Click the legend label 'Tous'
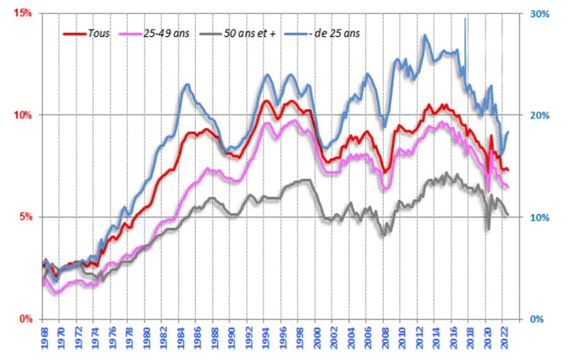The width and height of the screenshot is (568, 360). [x=98, y=33]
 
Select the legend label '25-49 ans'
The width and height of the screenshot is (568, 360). [x=166, y=33]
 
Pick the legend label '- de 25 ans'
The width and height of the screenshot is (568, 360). [x=335, y=33]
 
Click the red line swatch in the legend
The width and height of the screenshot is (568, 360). [x=74, y=33]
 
